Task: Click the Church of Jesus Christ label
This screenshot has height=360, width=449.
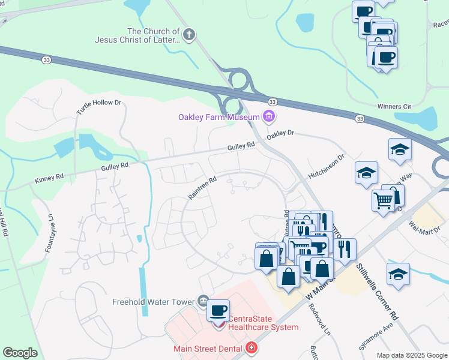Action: pyautogui.click(x=137, y=35)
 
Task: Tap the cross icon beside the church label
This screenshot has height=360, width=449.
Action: pyautogui.click(x=189, y=35)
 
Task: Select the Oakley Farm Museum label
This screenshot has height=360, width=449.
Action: pyautogui.click(x=218, y=116)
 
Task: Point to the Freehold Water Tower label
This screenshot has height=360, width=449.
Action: pyautogui.click(x=154, y=302)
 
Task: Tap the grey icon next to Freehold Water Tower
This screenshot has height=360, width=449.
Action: pyautogui.click(x=203, y=301)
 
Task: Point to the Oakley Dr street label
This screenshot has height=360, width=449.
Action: pyautogui.click(x=281, y=133)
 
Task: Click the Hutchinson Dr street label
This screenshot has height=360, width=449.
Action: pyautogui.click(x=327, y=166)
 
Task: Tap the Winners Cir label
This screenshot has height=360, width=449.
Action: pyautogui.click(x=393, y=106)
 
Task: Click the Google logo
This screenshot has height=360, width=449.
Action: pyautogui.click(x=21, y=353)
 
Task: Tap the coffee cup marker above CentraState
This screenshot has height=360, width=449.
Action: pyautogui.click(x=218, y=311)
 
